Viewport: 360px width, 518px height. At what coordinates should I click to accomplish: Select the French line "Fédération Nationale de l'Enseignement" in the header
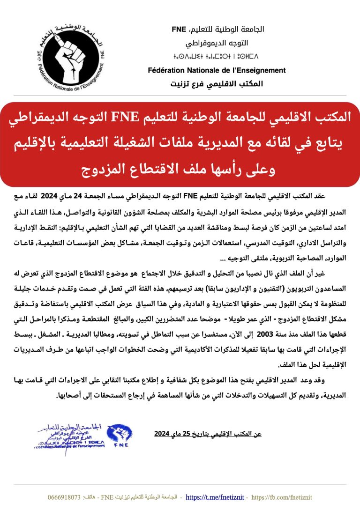[217, 70]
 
